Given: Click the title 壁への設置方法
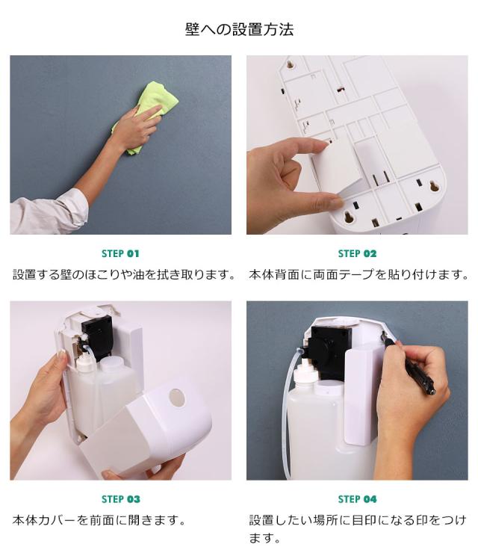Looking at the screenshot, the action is pos(239,29).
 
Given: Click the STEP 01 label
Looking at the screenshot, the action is pos(120,253).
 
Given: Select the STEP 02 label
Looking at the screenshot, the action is pos(357,253).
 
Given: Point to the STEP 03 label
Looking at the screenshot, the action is pos(120,499).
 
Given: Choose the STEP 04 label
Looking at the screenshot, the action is pos(357,499).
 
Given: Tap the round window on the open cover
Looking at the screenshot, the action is pos(176,398).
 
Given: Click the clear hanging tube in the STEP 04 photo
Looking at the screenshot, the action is pos(290,413).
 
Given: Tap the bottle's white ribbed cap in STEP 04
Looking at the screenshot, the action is pos(304,374).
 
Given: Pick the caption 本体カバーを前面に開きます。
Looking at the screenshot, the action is pos(99,520).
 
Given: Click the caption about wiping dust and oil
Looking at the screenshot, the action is pos(124,274).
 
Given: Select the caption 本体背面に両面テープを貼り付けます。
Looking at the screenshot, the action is pos(358,274).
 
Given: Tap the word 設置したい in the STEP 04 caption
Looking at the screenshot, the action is pos(280,520).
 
